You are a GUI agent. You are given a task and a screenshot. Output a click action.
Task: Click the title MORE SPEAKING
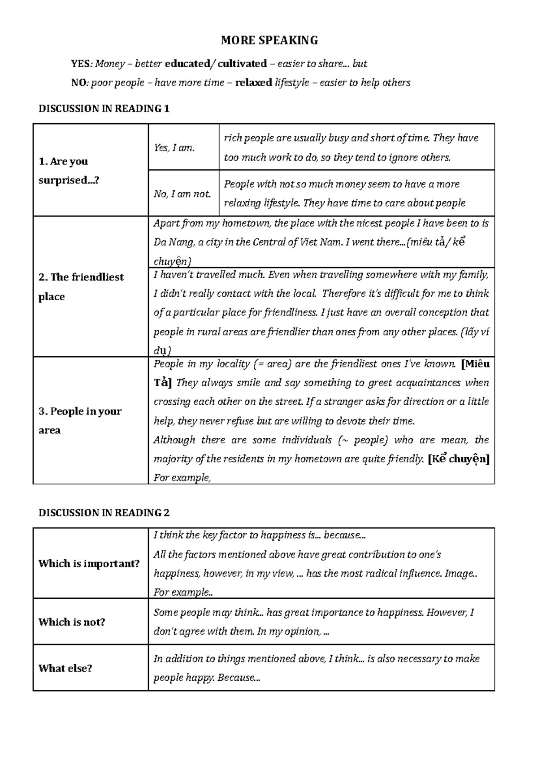click(x=269, y=41)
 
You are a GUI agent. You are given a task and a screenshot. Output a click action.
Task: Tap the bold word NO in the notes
click(x=78, y=83)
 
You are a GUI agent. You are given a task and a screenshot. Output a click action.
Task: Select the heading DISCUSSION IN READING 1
click(x=104, y=108)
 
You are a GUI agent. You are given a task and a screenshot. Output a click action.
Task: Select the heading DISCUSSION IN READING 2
click(x=104, y=513)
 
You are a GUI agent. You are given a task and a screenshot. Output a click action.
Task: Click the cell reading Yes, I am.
click(x=174, y=147)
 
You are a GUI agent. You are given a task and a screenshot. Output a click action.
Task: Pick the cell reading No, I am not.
click(x=182, y=194)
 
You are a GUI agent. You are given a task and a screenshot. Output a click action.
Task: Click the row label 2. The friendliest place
click(x=81, y=287)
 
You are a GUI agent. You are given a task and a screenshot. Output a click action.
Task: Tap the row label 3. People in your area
click(x=80, y=420)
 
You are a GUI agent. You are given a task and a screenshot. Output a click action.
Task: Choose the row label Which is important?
click(x=89, y=563)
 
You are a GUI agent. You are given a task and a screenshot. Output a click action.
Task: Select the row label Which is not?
click(x=72, y=622)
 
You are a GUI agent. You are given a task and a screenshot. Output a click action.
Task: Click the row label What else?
click(x=65, y=668)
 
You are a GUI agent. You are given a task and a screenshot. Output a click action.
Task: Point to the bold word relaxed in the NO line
click(x=253, y=83)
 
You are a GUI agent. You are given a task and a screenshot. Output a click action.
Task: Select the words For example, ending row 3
click(x=182, y=478)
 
